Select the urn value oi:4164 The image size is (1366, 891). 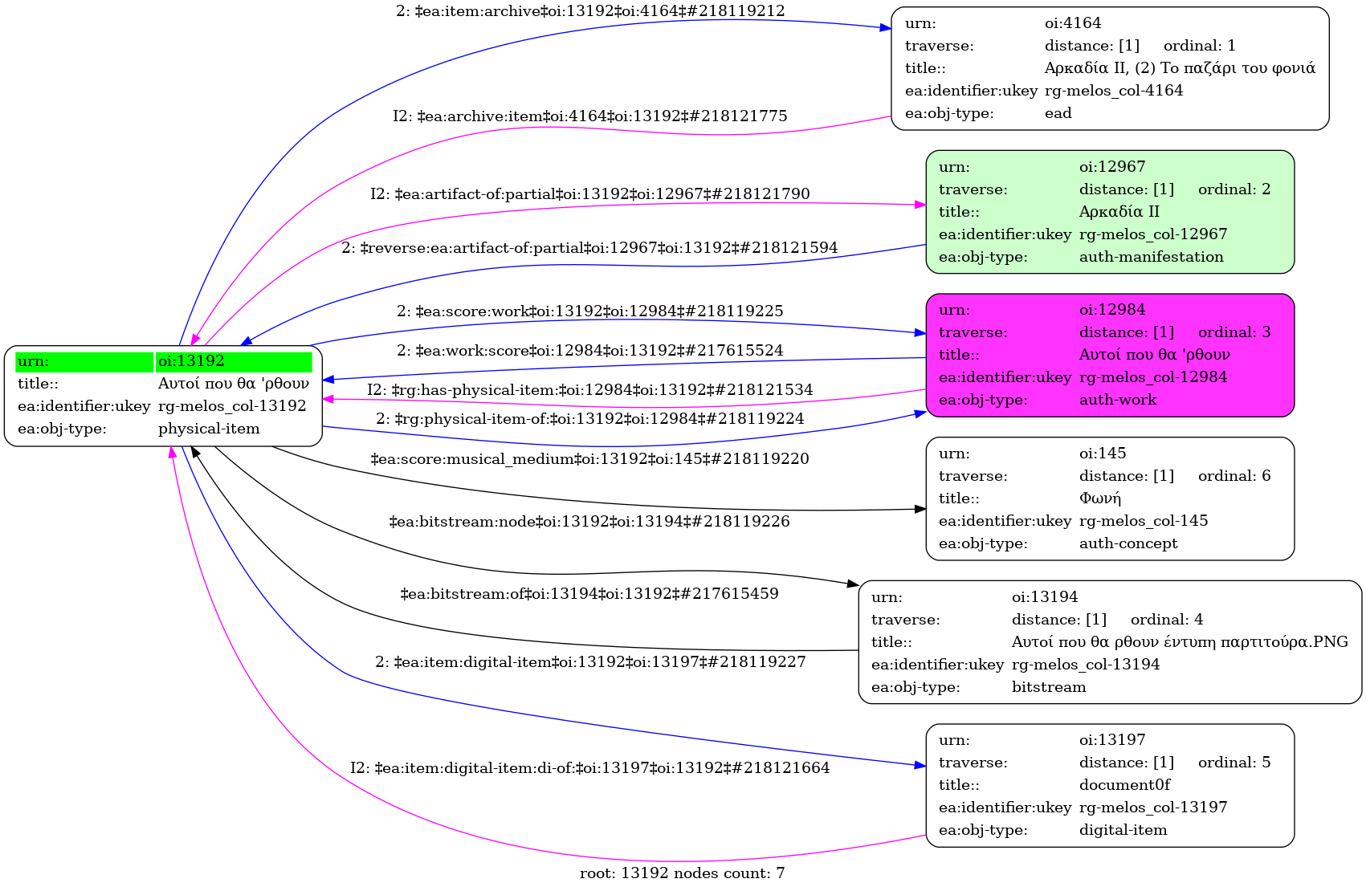pyautogui.click(x=1072, y=23)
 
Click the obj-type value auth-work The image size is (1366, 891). pyautogui.click(x=1117, y=400)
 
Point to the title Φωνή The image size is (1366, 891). pyautogui.click(x=1099, y=498)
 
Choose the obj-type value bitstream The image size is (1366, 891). pyautogui.click(x=1048, y=687)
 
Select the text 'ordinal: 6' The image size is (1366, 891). pyautogui.click(x=1233, y=476)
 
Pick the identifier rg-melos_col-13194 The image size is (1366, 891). pyautogui.click(x=1085, y=665)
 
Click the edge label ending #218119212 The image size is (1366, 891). pyautogui.click(x=590, y=11)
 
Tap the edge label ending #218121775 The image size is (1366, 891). pyautogui.click(x=590, y=116)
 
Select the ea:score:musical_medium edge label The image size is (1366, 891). pyautogui.click(x=590, y=459)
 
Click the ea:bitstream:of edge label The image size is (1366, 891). pyautogui.click(x=590, y=594)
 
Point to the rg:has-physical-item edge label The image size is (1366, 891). pyautogui.click(x=590, y=390)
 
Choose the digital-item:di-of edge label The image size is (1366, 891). pyautogui.click(x=590, y=768)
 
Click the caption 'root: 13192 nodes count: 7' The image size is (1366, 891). pyautogui.click(x=682, y=873)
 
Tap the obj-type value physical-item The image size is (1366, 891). pyautogui.click(x=209, y=429)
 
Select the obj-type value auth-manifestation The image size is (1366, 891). pyautogui.click(x=1151, y=257)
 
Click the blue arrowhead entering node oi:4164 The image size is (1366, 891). pyautogui.click(x=886, y=28)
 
